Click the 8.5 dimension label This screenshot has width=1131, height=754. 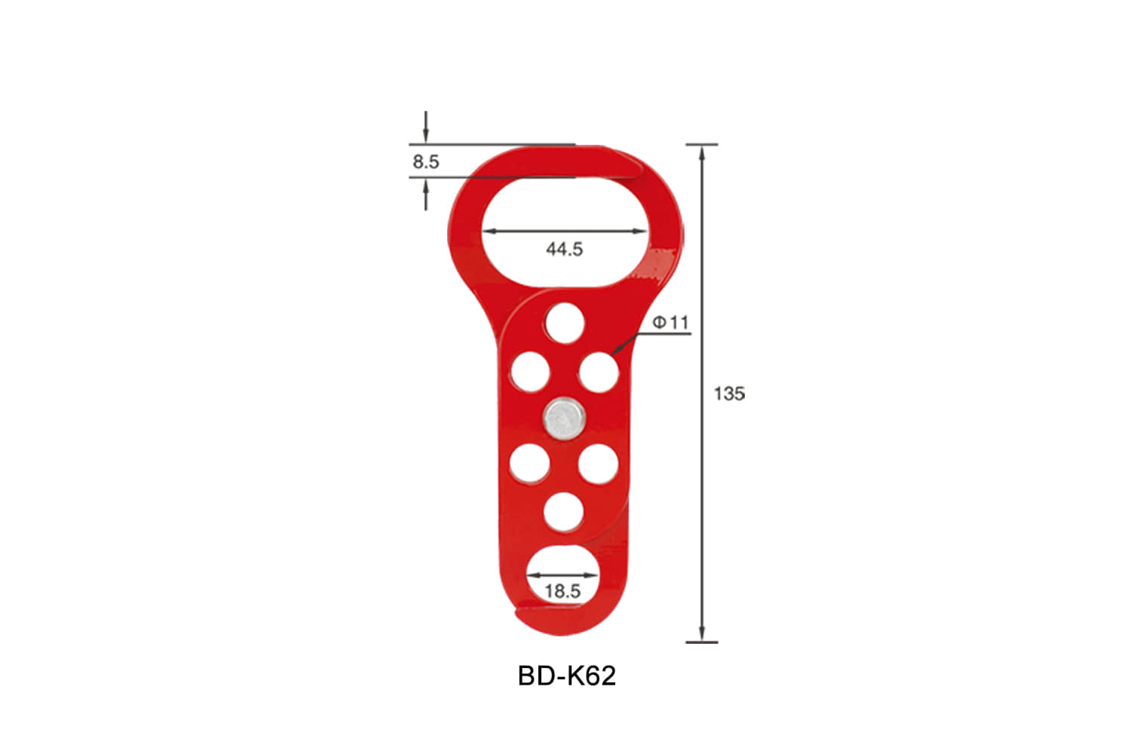coord(426,161)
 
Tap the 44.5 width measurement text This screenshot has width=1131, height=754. coord(564,249)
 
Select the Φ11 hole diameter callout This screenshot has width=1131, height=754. coord(671,323)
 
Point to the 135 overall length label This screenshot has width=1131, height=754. coord(729,394)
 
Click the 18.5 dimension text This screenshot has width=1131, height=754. coord(562,591)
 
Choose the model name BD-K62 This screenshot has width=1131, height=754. coord(566,676)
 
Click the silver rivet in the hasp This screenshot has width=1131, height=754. coord(563,417)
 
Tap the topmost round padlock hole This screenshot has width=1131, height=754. coord(565,323)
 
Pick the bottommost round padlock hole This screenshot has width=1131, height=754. coord(563,512)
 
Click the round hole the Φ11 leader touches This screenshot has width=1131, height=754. coord(599,372)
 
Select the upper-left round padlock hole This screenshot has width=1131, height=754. coord(530,372)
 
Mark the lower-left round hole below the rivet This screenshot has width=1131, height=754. coord(530,463)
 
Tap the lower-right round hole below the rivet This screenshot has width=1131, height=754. coord(599,463)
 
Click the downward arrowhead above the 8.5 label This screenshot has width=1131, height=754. coord(426,136)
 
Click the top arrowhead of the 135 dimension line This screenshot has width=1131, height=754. coord(702,151)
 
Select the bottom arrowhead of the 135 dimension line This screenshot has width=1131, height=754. coord(702,635)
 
